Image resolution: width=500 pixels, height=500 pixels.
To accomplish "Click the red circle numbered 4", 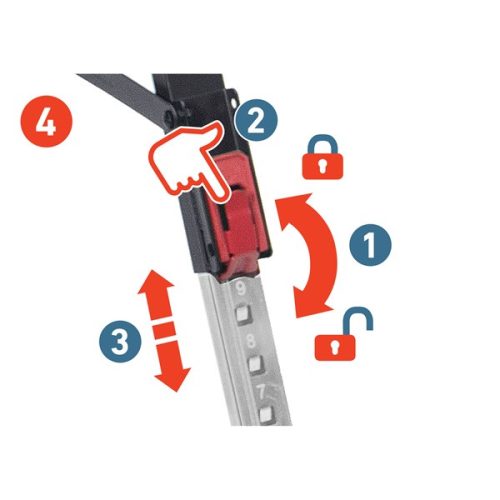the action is [x=46, y=121].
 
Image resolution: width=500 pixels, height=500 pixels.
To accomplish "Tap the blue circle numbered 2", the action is [x=256, y=121].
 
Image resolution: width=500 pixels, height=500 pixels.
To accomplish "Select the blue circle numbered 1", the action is [x=370, y=244].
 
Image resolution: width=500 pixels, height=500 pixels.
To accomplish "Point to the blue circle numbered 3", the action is [x=121, y=341].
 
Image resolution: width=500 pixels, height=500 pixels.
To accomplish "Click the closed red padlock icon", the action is [x=322, y=157].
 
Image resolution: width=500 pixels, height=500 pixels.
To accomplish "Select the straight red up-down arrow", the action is [x=164, y=330].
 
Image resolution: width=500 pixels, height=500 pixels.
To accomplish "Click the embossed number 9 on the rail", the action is [x=241, y=289].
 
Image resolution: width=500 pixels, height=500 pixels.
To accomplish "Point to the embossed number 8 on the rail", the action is [x=251, y=341].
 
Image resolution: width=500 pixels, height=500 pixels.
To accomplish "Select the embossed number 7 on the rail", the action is [x=261, y=392].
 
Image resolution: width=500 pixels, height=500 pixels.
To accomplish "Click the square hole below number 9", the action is [x=241, y=314].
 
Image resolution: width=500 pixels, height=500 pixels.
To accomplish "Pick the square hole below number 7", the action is [x=267, y=414].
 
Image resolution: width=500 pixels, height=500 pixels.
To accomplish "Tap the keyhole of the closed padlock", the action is [x=321, y=165].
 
